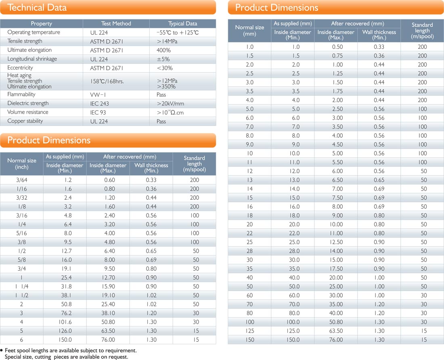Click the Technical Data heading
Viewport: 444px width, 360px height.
37,8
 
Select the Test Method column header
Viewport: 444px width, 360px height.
116,23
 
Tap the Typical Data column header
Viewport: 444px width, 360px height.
182,23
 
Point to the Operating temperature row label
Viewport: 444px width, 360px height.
34,32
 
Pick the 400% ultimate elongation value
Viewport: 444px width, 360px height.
163,50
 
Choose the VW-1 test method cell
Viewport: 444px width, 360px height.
98,94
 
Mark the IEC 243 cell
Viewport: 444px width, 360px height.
99,103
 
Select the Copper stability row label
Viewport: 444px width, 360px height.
25,121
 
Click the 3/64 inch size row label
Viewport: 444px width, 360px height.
22,180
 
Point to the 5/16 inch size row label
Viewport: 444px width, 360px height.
22,233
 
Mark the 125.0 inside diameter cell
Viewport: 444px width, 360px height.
293,331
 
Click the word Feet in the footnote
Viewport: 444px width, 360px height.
11,350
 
